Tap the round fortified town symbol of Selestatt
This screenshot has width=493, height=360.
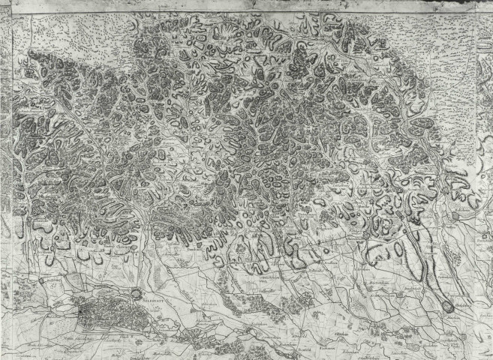[135, 294]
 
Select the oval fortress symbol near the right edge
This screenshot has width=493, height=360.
[449, 306]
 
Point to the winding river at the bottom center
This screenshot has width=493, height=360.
[248, 330]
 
